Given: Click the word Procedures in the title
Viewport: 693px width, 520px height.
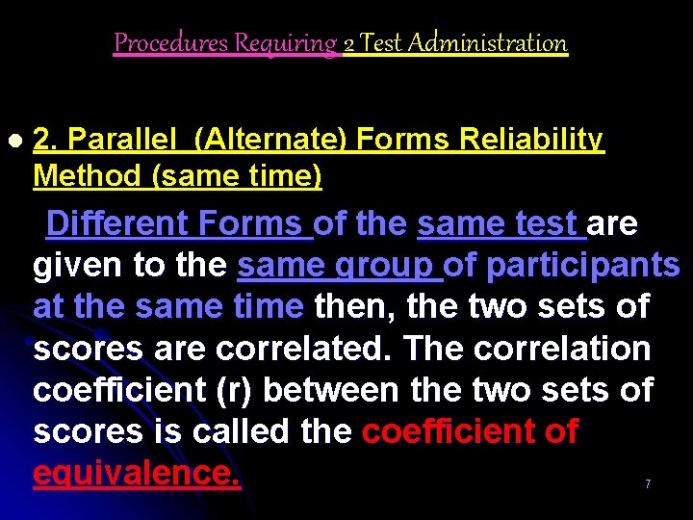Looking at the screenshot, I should click(155, 43).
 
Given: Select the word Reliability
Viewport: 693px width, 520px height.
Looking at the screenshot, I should click(531, 142).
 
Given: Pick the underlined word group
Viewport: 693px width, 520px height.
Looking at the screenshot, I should click(385, 266).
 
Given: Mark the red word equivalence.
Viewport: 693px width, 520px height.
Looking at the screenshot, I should click(136, 473).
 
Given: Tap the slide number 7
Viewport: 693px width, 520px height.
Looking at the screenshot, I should click(648, 484).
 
